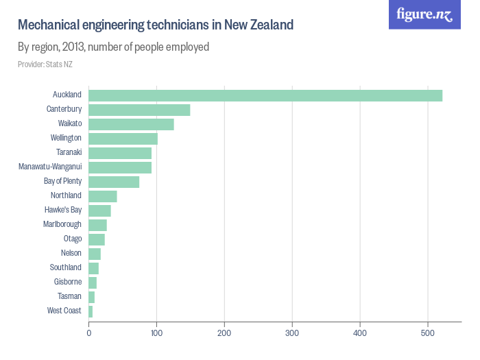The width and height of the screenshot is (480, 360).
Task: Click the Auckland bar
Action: click(265, 95)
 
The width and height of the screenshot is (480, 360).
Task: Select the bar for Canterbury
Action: click(139, 110)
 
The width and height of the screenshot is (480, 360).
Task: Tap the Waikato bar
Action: click(131, 124)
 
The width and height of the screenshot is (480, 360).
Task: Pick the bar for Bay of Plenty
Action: click(114, 182)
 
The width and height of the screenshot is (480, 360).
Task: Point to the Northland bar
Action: click(103, 196)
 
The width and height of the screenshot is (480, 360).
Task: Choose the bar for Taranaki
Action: click(120, 153)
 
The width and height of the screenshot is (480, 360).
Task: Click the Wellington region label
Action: click(66, 139)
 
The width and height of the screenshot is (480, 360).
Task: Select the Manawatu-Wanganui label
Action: click(50, 167)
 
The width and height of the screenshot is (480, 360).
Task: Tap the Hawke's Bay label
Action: click(62, 211)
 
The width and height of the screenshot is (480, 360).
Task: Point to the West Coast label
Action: click(64, 311)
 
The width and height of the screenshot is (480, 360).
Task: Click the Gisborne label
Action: click(68, 283)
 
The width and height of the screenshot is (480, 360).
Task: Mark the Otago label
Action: click(73, 239)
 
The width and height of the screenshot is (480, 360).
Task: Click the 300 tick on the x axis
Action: click(292, 333)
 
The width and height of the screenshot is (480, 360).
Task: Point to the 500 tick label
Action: click(428, 333)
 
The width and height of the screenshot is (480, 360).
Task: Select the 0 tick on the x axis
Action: click(89, 333)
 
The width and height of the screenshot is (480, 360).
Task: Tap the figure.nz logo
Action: click(424, 14)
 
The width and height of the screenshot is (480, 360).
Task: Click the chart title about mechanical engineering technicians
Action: click(156, 25)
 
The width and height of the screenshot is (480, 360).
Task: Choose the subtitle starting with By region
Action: click(113, 47)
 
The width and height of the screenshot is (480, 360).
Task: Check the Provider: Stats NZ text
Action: click(45, 64)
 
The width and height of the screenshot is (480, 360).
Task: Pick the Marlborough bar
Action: click(97, 225)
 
